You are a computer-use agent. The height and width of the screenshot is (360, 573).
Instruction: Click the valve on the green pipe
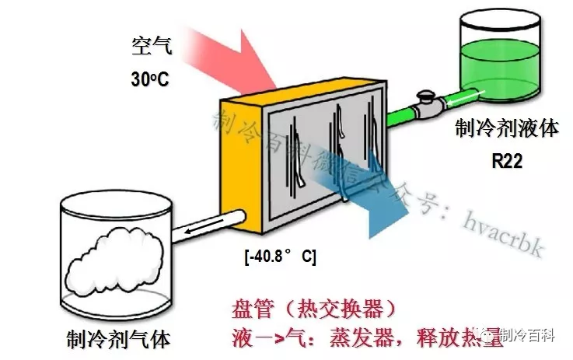[x=425, y=101]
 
